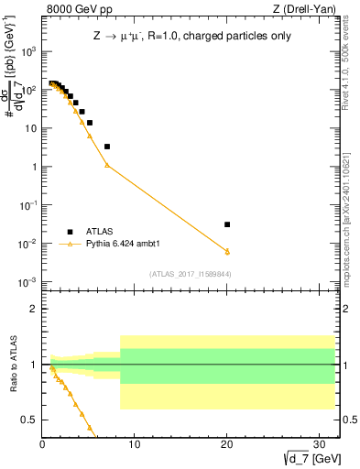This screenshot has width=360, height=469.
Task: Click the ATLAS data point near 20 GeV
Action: [227, 224]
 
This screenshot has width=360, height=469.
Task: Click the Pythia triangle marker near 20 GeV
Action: [227, 251]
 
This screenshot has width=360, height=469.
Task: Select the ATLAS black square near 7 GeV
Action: [107, 147]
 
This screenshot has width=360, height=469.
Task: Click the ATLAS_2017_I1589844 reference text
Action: [190, 274]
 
